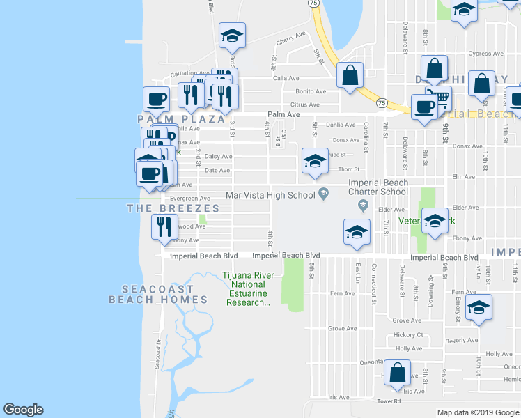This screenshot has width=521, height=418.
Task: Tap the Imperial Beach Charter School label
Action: pos(378,187)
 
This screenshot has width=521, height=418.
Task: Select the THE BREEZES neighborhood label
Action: pos(173,208)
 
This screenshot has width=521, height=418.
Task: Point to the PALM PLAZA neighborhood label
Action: pos(173,118)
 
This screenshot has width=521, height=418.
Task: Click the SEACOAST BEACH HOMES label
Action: pos(158,294)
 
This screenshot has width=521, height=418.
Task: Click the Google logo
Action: pos(23,410)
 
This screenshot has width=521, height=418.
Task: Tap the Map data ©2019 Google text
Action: pos(478,412)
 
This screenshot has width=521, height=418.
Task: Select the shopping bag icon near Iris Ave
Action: pos(397,373)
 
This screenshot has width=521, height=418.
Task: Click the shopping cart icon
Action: pos(439,98)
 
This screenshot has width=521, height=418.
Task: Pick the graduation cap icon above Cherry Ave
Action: pos(232,36)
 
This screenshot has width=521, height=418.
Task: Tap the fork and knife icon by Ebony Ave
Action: pos(164,227)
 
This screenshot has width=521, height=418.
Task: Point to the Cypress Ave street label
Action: pos(485,53)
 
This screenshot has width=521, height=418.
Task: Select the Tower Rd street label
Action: pos(389,401)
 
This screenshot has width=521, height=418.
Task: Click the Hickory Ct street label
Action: pos(409,334)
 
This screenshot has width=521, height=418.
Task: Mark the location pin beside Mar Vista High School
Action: pos(322,194)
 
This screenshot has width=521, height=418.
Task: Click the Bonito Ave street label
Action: pos(311,91)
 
